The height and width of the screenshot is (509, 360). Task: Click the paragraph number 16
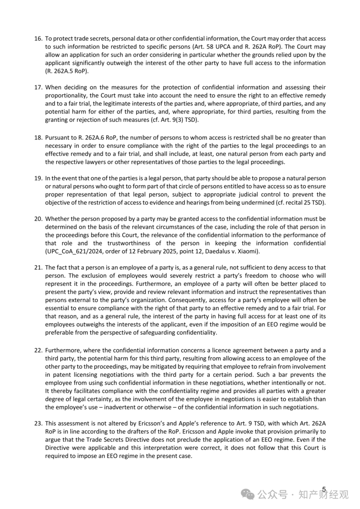click(37, 38)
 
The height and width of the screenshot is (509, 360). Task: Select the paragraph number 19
click(37, 178)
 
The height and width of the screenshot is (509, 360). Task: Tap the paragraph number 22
click(37, 350)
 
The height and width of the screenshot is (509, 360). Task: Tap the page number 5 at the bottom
click(324, 489)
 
